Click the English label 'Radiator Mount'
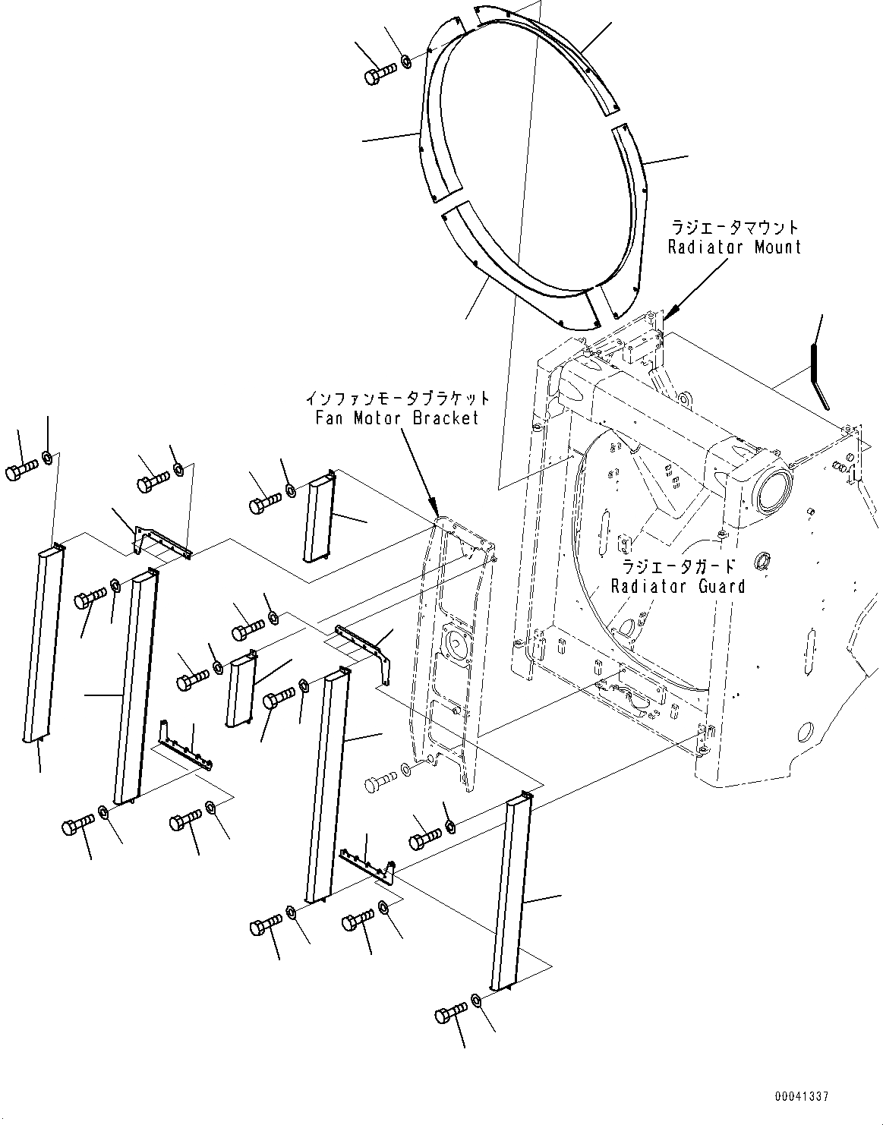(734, 247)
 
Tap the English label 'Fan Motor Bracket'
(397, 418)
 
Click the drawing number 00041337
(802, 1097)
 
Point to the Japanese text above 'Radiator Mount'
(734, 227)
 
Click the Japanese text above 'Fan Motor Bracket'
(397, 399)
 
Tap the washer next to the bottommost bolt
(476, 1000)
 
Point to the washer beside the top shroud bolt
(405, 60)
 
